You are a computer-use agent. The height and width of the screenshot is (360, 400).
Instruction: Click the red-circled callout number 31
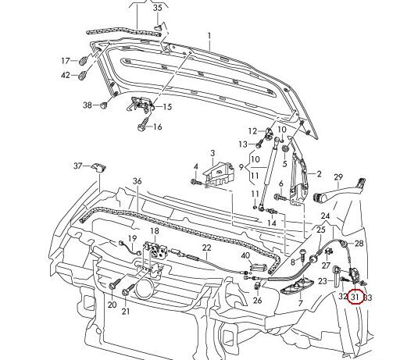355,297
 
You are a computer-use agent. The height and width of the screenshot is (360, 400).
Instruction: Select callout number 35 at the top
157,8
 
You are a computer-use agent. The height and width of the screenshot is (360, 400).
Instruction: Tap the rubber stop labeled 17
83,61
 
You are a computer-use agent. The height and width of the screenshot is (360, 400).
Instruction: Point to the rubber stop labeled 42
83,76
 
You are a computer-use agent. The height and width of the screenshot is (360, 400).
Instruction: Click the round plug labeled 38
104,105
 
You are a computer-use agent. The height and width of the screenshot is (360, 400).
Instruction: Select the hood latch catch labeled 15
140,103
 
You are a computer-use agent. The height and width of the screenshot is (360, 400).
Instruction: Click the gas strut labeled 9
268,175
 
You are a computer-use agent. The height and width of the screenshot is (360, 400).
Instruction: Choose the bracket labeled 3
218,173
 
